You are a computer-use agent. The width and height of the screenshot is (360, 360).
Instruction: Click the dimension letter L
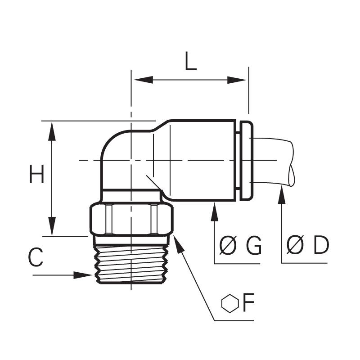(190, 61)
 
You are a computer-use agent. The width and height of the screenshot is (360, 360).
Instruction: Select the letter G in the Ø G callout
(253, 246)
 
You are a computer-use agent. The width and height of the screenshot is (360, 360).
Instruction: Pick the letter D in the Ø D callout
(321, 245)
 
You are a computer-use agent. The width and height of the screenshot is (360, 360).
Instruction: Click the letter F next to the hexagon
(248, 302)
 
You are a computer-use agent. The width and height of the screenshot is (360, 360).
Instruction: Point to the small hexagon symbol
(230, 303)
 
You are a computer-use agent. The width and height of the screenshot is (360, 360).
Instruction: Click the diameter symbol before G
(228, 245)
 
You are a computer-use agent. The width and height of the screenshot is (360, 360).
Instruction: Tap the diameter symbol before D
(295, 245)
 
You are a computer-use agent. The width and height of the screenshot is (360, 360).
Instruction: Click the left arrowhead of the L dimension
(143, 80)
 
